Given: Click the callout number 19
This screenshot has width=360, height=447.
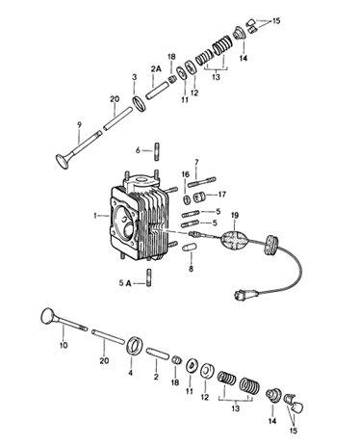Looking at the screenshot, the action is (235, 216).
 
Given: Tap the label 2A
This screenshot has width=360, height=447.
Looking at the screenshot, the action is (156, 69).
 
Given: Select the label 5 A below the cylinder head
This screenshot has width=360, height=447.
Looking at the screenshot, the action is (125, 283).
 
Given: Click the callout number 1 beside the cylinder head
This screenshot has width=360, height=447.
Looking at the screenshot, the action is (95, 216).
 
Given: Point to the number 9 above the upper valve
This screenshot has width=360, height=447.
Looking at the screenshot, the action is (80, 124).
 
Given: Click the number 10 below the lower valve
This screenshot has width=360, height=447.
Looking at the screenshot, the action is (64, 345).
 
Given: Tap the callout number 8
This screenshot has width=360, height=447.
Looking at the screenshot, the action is (191, 269).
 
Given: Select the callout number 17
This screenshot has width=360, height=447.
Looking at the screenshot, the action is (222, 195).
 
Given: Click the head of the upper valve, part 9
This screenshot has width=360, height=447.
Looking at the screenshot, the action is (63, 162).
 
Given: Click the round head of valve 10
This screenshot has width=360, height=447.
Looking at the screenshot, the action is (48, 316).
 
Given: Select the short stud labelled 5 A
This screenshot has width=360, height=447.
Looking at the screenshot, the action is (149, 277).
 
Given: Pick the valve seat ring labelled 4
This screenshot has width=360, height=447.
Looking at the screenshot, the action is (134, 346).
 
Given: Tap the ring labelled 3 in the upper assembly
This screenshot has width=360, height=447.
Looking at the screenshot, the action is (140, 104).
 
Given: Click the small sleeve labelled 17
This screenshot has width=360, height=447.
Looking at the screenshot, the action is (199, 197).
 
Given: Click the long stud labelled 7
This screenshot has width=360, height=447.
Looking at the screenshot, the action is (202, 182).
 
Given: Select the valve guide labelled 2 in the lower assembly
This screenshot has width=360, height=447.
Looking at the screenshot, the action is (157, 353).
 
